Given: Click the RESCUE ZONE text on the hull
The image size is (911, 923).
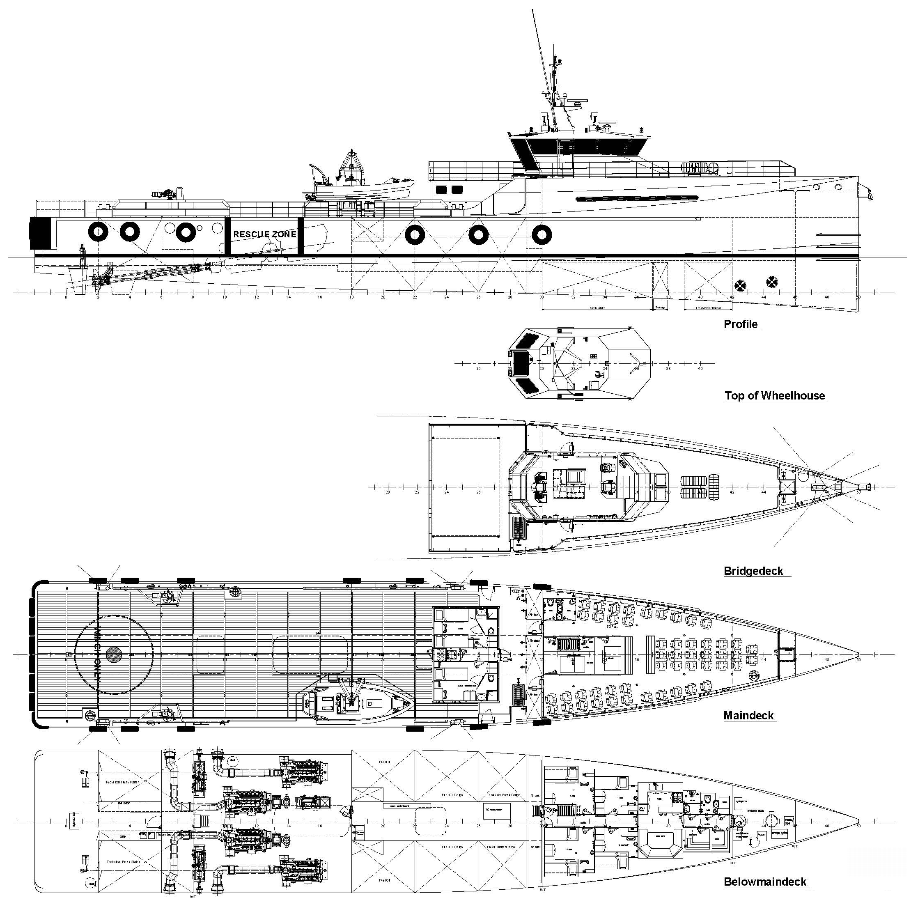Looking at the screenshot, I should click(x=264, y=234).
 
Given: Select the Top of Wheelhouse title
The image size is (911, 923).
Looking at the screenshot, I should click(x=774, y=395).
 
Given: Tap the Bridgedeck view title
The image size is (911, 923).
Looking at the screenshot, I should click(x=753, y=571).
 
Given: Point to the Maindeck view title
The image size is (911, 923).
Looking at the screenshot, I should click(x=748, y=715).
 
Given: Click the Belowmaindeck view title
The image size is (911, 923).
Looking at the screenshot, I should click(x=764, y=882).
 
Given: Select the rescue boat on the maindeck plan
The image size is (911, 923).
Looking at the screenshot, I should click(x=357, y=703).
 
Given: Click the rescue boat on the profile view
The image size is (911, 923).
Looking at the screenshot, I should click(x=361, y=189).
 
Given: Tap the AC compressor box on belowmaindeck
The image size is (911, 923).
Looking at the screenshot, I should click(x=496, y=811).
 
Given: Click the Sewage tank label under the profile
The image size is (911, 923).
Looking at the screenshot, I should click(x=660, y=307).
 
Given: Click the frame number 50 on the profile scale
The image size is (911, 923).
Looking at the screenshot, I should click(x=858, y=297).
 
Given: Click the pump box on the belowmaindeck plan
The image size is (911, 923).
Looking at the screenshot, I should click(x=122, y=836).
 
